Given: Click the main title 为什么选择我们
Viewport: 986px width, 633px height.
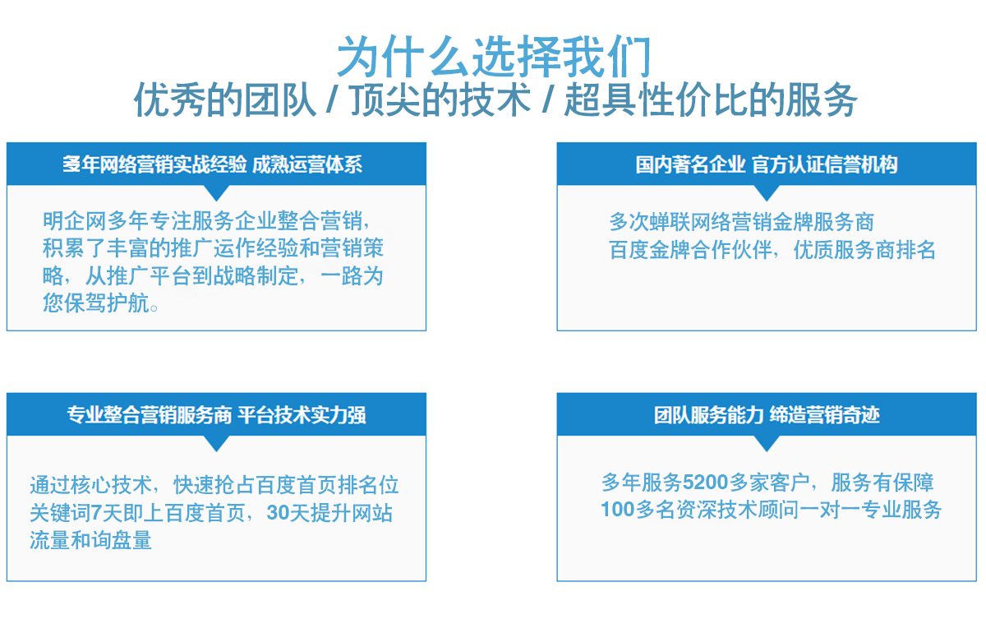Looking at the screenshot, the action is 494,57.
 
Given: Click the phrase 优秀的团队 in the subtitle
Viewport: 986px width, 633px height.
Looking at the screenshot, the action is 225,100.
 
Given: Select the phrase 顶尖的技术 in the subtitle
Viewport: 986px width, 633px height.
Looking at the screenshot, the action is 440,100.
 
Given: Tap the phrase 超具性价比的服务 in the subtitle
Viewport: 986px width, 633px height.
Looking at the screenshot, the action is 711,100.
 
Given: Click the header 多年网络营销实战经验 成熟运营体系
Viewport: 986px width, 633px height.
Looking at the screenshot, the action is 212,164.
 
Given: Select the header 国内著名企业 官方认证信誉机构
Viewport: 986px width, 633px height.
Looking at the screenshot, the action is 767,164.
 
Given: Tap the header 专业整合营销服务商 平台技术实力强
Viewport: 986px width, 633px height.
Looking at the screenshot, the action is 216,415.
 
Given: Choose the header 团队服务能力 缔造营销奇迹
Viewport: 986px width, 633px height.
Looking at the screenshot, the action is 767,415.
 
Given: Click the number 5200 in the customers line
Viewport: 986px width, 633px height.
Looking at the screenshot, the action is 705,483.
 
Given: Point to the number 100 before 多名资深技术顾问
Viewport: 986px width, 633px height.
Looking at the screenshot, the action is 618,510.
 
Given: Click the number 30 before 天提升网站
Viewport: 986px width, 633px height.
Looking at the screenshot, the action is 278,513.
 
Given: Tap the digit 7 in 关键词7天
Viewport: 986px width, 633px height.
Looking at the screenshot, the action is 96,513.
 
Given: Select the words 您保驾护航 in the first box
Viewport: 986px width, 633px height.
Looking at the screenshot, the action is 95,303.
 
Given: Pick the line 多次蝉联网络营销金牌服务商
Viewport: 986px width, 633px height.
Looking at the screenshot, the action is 741,222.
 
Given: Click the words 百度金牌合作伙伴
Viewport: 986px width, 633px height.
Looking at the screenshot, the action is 690,250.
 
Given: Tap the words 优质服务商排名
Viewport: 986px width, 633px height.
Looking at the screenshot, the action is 864,250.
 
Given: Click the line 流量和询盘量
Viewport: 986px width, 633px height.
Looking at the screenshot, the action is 90,540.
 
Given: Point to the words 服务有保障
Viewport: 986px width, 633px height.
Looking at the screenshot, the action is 882,483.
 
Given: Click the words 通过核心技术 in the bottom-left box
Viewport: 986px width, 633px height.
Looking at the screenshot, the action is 90,485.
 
